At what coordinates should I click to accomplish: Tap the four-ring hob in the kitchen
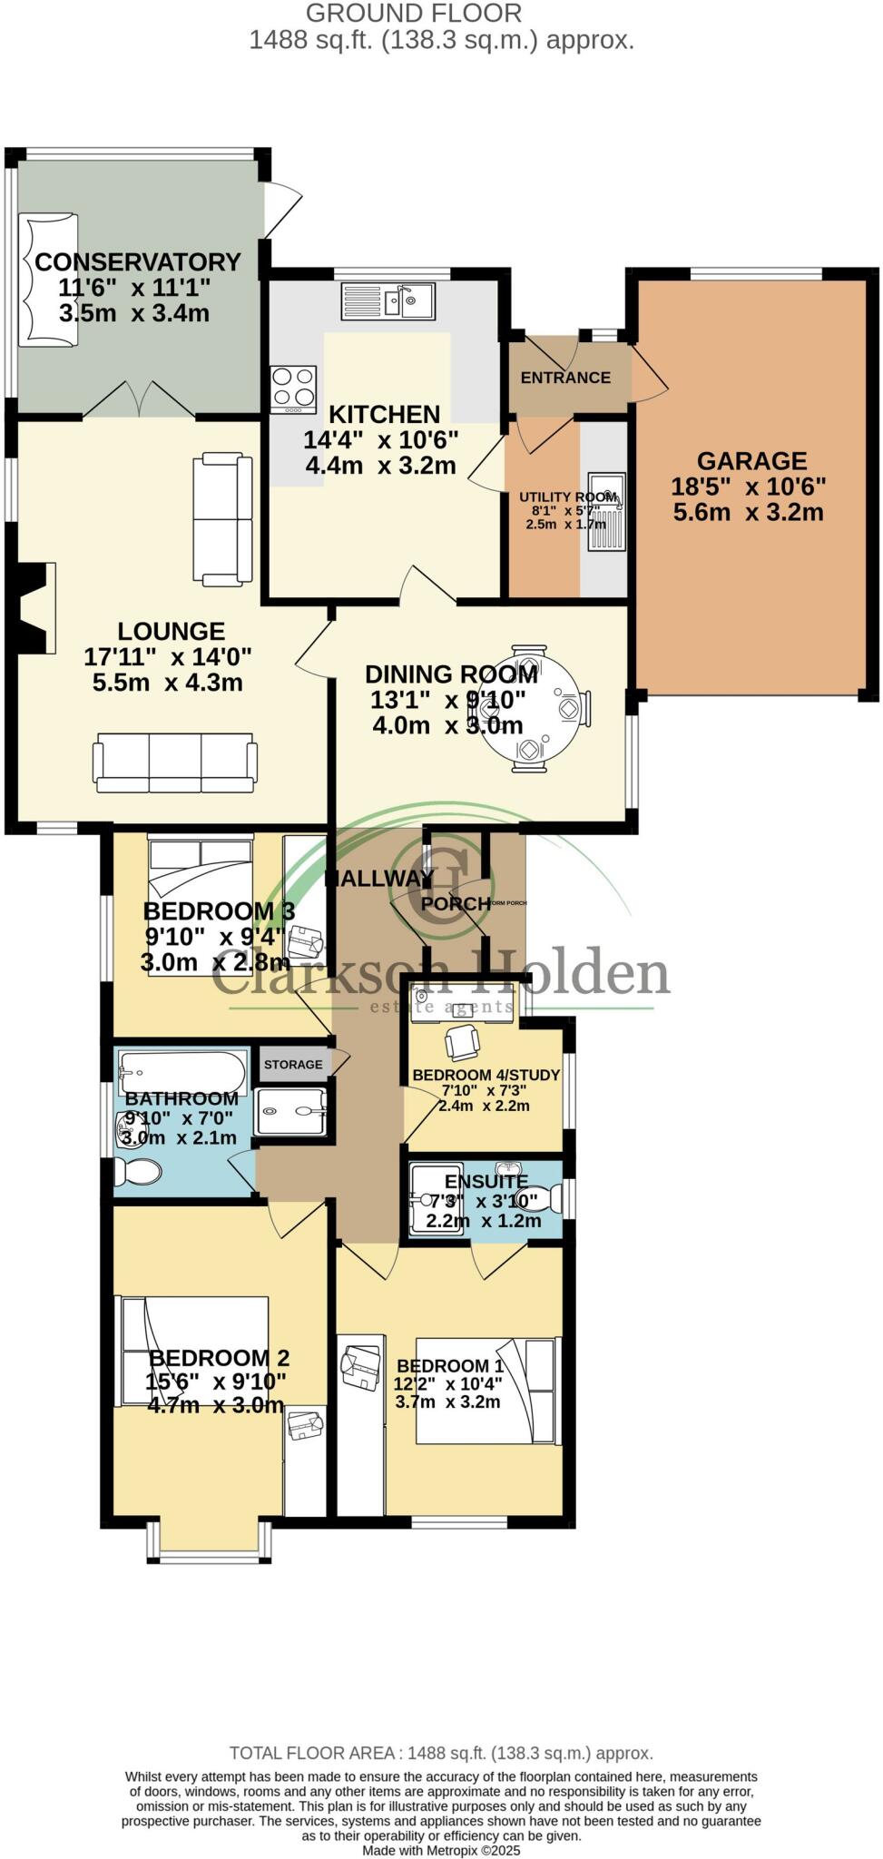pos(293,388)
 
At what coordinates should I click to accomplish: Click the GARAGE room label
pos(751,461)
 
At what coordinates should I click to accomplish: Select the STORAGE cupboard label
pos(293,1064)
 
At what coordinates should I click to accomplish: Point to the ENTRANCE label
pos(565,378)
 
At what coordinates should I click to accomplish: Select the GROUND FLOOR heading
pos(414,14)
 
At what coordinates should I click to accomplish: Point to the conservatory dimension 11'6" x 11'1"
pos(135,288)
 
